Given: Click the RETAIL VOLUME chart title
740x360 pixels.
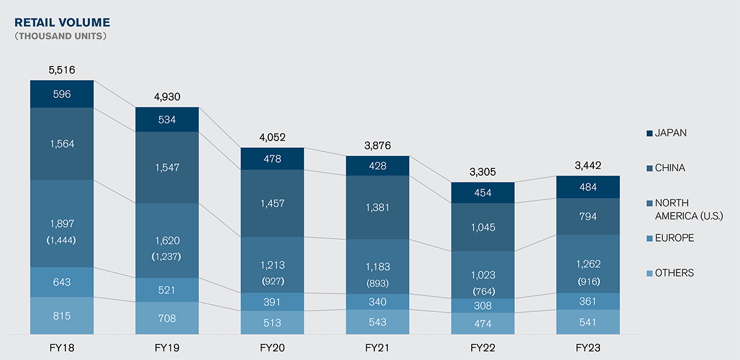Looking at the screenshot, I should coord(62,23).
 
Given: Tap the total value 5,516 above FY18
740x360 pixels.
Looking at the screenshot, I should coord(62,70).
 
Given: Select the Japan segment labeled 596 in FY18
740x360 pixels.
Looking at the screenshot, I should coord(62,94).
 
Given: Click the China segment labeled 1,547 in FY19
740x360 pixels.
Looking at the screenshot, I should coord(166,167).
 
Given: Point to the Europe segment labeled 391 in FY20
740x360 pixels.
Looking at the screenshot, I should coord(272,301).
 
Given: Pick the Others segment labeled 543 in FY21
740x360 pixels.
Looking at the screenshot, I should coord(377,322).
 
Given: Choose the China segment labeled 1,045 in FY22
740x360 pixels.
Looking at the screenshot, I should coord(483,227).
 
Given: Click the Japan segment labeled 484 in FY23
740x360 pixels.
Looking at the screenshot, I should coord(588,187).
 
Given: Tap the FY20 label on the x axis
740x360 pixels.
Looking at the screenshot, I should coord(272,348).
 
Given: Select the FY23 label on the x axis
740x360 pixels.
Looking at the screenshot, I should coord(588,348).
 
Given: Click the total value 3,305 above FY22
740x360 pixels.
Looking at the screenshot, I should coord(483,172).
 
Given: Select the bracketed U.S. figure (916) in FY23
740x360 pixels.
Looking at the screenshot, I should coord(588,281).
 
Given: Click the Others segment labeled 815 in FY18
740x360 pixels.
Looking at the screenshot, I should coord(62,316).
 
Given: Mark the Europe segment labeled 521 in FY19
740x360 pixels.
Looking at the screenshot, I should coord(166,290).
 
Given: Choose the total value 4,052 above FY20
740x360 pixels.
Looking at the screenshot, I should coord(272,137).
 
